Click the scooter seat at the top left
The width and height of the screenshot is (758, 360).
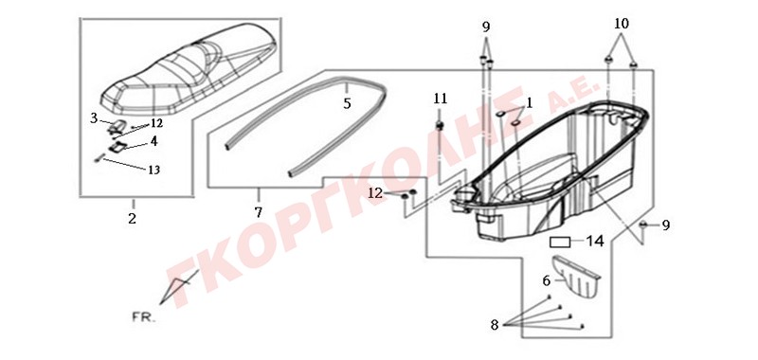click(x=189, y=73)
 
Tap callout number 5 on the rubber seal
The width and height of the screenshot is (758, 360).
click(x=347, y=103)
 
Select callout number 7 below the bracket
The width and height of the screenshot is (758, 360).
click(x=258, y=211)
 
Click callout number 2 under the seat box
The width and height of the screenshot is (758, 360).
click(x=132, y=219)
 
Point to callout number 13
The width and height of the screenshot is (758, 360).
click(x=153, y=171)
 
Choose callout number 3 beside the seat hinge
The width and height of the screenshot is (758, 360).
click(x=94, y=117)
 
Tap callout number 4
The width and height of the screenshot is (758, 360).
click(x=153, y=141)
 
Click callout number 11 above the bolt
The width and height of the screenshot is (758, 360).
click(x=440, y=99)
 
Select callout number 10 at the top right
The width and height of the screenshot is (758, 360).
click(x=622, y=23)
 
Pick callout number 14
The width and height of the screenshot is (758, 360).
click(x=595, y=242)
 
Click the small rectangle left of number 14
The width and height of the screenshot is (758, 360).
click(x=560, y=242)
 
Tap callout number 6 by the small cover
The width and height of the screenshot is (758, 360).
click(x=546, y=280)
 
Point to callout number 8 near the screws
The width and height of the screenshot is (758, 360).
click(x=494, y=325)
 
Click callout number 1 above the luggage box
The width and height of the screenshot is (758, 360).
click(x=530, y=102)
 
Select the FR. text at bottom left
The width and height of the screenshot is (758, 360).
click(x=144, y=318)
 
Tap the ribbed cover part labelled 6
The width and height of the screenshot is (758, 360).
click(x=575, y=277)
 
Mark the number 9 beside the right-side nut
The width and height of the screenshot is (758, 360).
click(x=666, y=225)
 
